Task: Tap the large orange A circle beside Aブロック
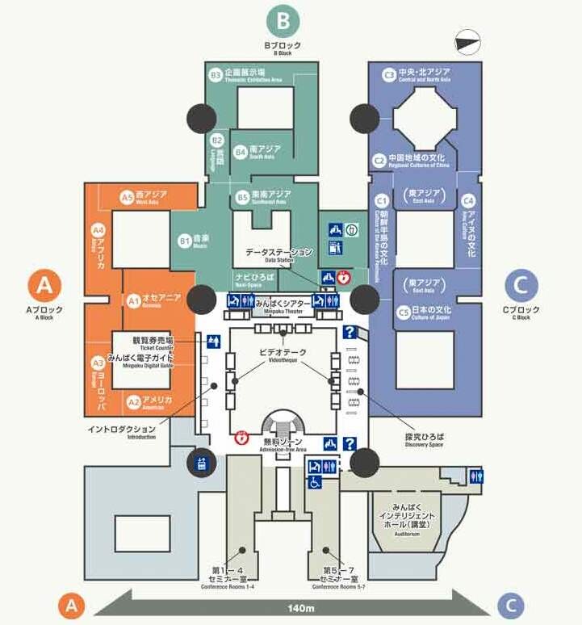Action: click(45, 285)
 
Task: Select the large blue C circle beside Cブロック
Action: click(521, 285)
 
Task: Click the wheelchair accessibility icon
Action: click(316, 482)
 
